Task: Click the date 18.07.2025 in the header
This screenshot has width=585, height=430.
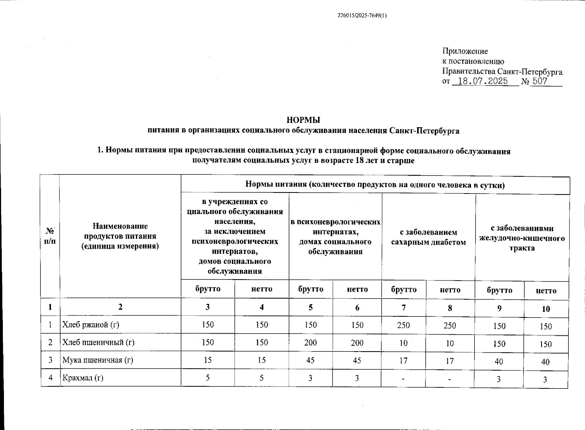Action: click(x=483, y=81)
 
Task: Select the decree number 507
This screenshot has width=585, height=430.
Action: click(x=539, y=81)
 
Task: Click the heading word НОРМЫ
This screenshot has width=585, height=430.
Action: click(x=303, y=120)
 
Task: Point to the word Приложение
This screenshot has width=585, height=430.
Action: click(x=465, y=51)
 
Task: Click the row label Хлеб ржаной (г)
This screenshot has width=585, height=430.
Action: click(x=91, y=325)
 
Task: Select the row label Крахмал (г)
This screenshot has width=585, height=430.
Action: click(x=83, y=378)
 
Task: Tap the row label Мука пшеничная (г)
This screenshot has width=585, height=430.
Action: click(x=98, y=360)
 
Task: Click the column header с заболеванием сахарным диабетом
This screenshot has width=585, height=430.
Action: click(x=428, y=237)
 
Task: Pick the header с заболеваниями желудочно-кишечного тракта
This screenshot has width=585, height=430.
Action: click(x=522, y=238)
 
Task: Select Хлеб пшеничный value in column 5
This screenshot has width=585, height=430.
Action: click(x=310, y=343)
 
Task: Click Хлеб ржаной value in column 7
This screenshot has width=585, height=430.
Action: click(x=404, y=325)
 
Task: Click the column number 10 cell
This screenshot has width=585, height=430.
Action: click(x=546, y=309)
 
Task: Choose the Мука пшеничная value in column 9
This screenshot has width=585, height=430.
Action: click(x=499, y=362)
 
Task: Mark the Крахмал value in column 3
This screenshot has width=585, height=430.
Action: click(x=208, y=378)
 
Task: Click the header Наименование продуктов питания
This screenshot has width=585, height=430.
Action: click(x=120, y=236)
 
